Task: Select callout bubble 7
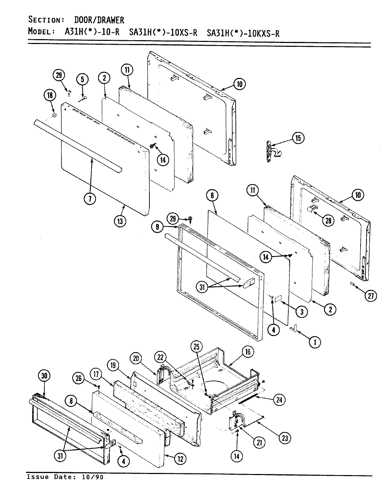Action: (x=89, y=198)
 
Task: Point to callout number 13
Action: (x=119, y=221)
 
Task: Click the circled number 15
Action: (x=297, y=138)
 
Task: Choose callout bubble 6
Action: (x=212, y=195)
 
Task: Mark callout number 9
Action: (x=158, y=227)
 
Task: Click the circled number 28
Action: (x=329, y=220)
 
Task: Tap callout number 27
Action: (x=370, y=296)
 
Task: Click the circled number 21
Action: (x=259, y=443)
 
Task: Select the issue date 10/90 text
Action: (x=89, y=477)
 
